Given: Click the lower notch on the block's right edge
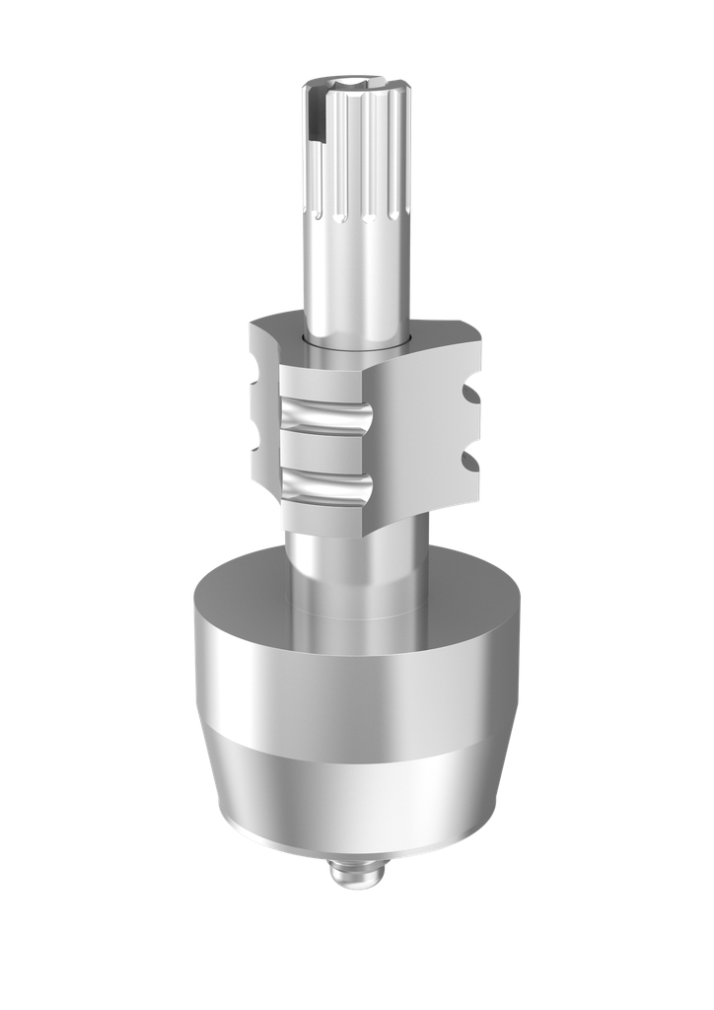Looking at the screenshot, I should [x=470, y=460].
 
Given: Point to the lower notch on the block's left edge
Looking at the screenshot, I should [x=254, y=440].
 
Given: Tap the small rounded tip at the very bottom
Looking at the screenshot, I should [x=357, y=874].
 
